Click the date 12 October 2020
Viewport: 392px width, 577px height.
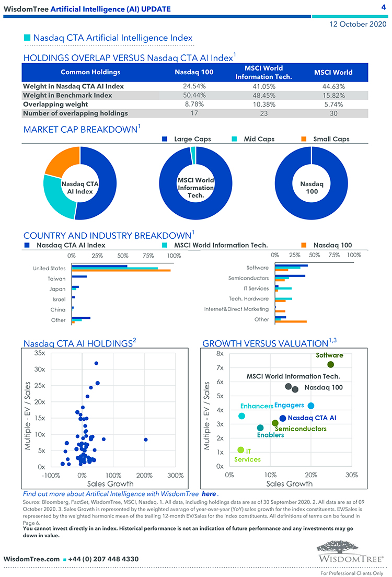click(359, 24)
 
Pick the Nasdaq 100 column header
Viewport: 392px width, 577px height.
click(194, 72)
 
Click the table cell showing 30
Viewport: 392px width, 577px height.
click(333, 113)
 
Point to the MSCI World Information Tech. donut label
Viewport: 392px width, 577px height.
click(196, 187)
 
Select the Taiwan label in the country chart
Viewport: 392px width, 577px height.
click(56, 279)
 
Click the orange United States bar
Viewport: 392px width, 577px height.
click(121, 270)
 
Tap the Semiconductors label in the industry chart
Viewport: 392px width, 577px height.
click(248, 278)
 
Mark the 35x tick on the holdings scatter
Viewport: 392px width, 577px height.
click(39, 353)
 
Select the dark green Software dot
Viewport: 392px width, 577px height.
click(330, 365)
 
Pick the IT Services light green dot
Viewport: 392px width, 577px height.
click(241, 450)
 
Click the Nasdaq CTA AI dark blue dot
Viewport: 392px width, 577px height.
click(283, 418)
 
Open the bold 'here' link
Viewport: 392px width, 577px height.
click(209, 494)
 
